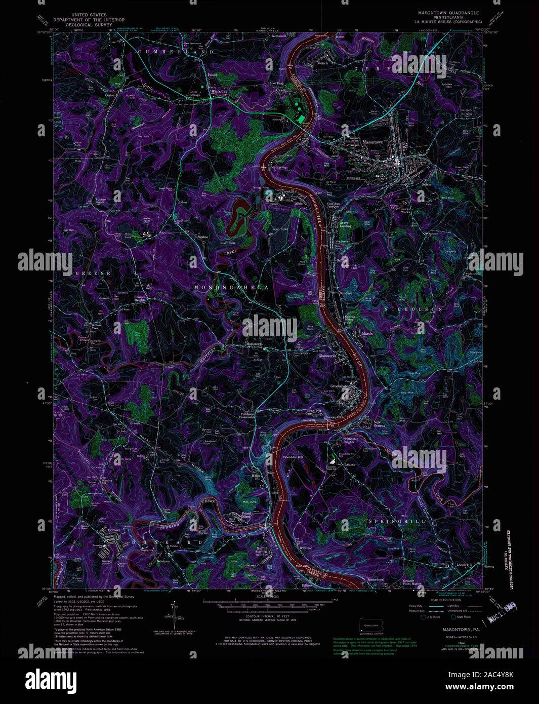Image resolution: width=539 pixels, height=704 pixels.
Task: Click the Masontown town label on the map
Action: (372, 142)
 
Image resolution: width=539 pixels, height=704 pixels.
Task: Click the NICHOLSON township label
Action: (413, 309)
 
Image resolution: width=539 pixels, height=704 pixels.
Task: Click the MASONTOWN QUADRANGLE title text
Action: (448, 12)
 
